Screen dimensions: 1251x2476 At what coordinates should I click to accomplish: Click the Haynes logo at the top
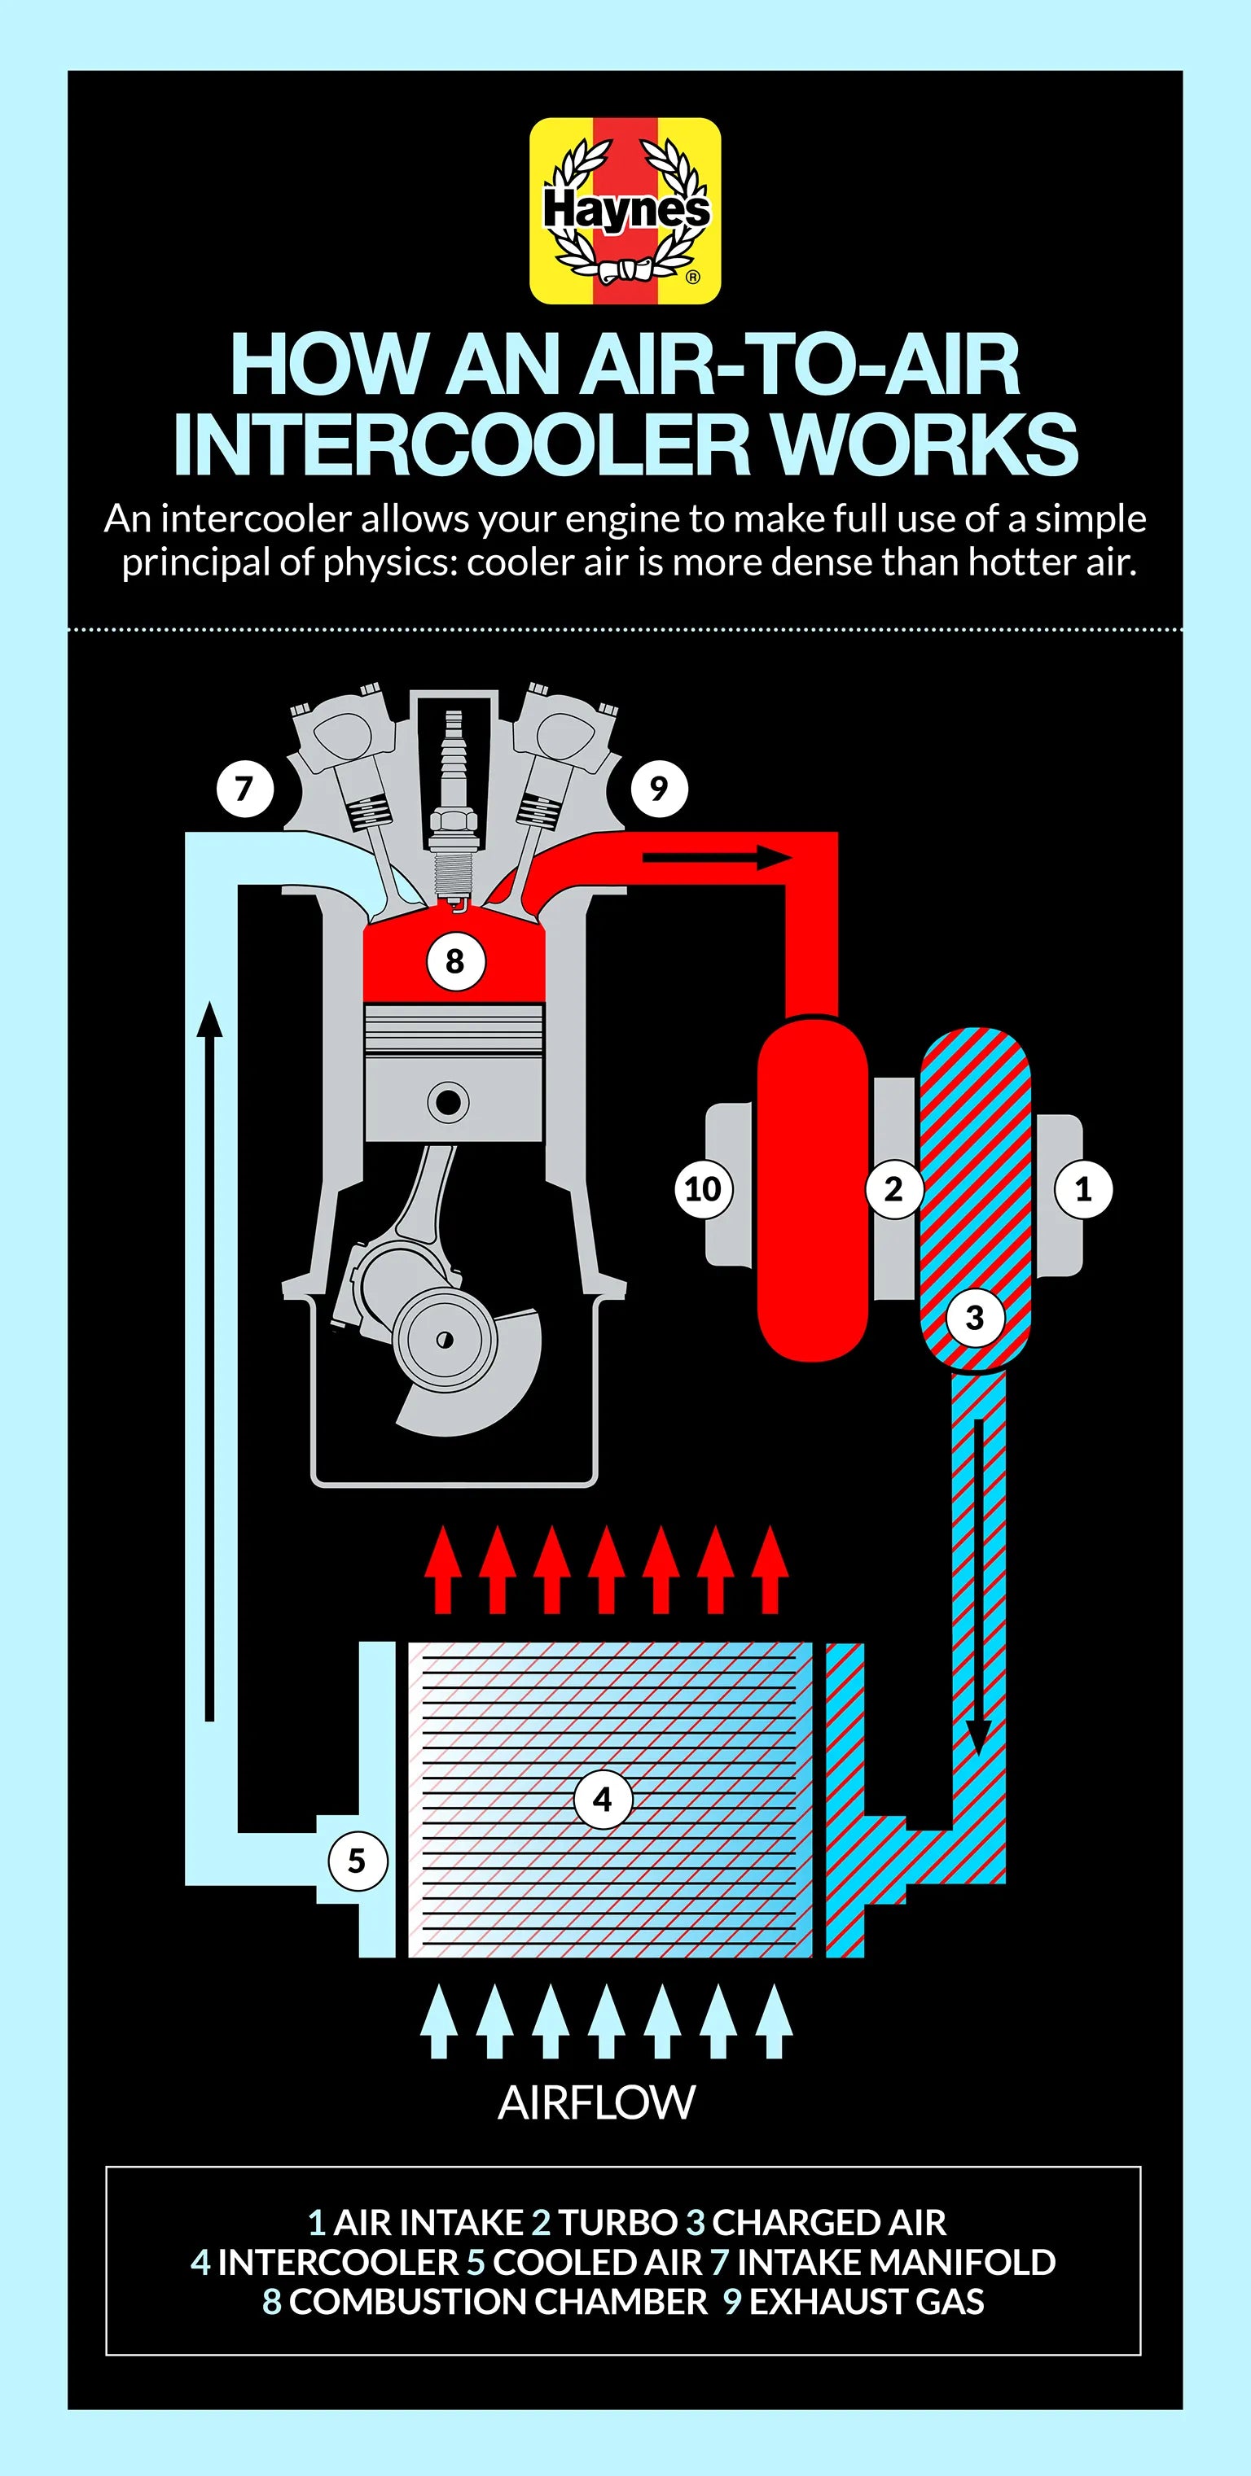coord(625,212)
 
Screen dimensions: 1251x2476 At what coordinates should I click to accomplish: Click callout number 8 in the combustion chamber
coord(454,960)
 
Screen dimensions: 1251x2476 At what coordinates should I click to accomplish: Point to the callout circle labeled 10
coord(703,1189)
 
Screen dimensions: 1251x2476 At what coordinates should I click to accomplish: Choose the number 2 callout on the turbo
coord(893,1189)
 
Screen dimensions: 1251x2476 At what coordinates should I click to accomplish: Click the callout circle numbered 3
coord(975,1317)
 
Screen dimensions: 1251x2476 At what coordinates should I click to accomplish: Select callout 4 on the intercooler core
coord(603,1800)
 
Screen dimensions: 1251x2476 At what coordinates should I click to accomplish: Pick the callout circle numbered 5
coord(357,1861)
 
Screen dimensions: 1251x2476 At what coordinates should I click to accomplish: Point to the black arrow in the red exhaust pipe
coord(718,857)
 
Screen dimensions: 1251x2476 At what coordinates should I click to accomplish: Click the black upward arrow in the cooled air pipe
coord(209,1361)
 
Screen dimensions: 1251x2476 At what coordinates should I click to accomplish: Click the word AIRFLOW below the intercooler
coord(596,2103)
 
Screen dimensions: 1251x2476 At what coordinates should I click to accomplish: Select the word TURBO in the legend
coord(618,2222)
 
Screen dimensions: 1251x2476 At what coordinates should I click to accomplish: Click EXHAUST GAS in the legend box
coord(867,2301)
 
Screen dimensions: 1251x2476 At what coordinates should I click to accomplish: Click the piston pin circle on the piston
coord(448,1102)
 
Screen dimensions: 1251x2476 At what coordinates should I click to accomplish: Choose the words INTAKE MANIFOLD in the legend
coord(896,2262)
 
